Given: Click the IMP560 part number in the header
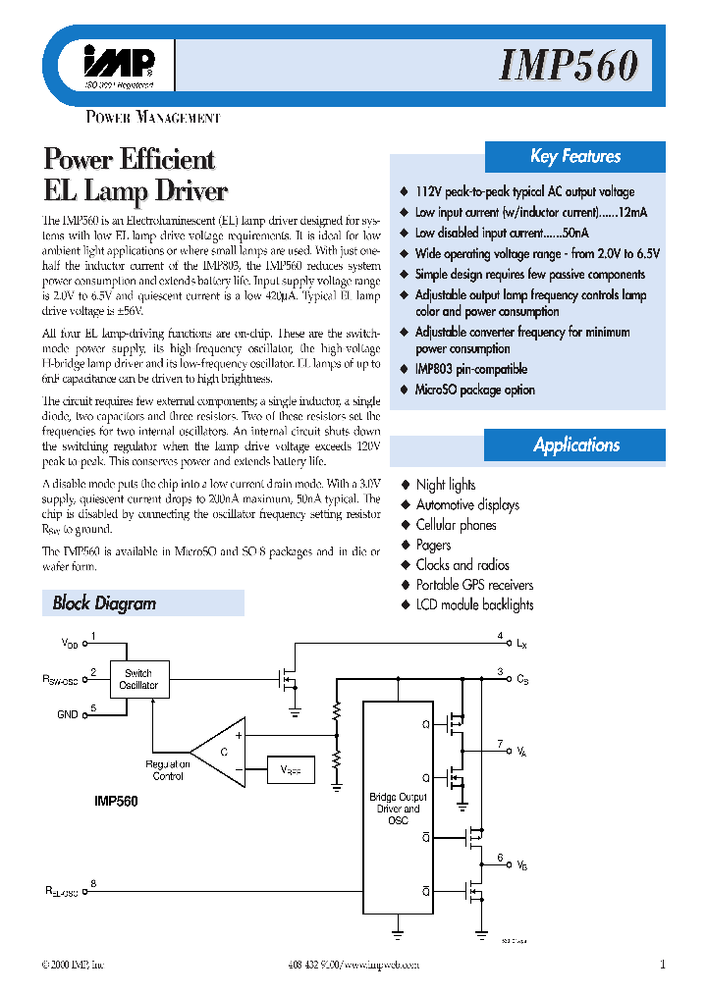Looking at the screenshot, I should click(x=569, y=67).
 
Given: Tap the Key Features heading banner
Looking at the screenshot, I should click(x=575, y=156).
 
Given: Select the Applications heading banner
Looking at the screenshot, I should click(x=575, y=444).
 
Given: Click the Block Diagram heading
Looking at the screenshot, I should click(x=104, y=603).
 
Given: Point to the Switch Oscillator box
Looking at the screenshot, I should click(x=138, y=679).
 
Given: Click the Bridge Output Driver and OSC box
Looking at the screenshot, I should click(x=398, y=808).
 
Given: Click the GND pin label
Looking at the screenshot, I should click(x=67, y=714).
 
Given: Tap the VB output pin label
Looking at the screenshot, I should click(x=521, y=865).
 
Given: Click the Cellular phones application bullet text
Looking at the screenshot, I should click(x=456, y=525).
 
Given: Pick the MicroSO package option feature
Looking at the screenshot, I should click(x=474, y=390).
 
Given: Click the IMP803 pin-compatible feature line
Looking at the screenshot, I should click(x=470, y=369).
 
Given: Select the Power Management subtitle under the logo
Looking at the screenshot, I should click(x=153, y=118).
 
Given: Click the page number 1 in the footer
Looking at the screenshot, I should click(x=663, y=964).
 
